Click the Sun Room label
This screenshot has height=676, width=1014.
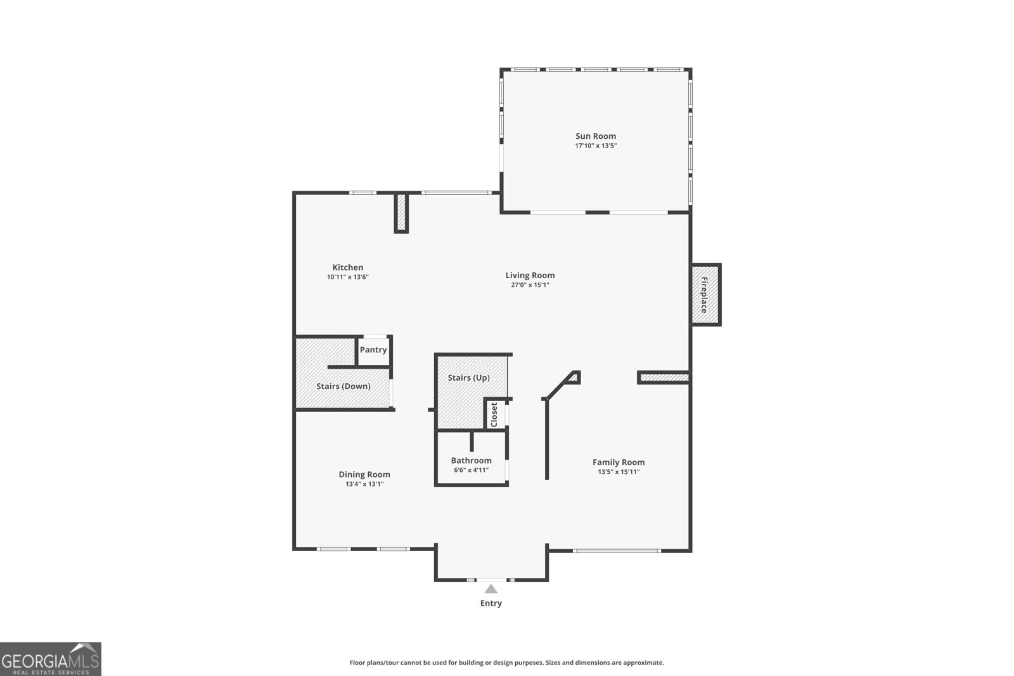click(x=595, y=136)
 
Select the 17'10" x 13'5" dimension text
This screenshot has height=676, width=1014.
click(x=595, y=146)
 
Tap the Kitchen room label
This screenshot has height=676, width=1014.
click(x=348, y=267)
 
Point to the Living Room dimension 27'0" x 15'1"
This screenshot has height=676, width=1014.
click(x=530, y=285)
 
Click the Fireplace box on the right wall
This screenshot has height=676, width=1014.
click(x=705, y=295)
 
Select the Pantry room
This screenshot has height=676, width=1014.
click(x=373, y=350)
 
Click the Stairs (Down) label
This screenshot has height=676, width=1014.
click(x=343, y=386)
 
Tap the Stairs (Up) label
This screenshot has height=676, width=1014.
click(x=468, y=378)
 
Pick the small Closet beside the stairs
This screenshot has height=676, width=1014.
click(x=494, y=414)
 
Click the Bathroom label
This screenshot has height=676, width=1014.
click(x=471, y=461)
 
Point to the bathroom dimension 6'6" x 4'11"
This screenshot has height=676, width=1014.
click(x=471, y=470)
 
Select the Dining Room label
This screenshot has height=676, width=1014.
click(x=364, y=475)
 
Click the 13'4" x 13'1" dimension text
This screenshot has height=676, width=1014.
click(x=364, y=484)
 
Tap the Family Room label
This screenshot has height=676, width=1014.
click(x=619, y=462)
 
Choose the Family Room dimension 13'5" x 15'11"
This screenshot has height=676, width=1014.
click(x=619, y=472)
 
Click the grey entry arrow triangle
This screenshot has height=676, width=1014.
click(x=491, y=589)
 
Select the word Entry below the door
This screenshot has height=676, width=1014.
click(x=491, y=603)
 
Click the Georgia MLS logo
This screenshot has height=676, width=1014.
click(x=51, y=659)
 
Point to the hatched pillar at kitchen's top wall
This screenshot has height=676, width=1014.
click(x=401, y=213)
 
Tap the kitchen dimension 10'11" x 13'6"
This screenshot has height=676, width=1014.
click(x=348, y=277)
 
